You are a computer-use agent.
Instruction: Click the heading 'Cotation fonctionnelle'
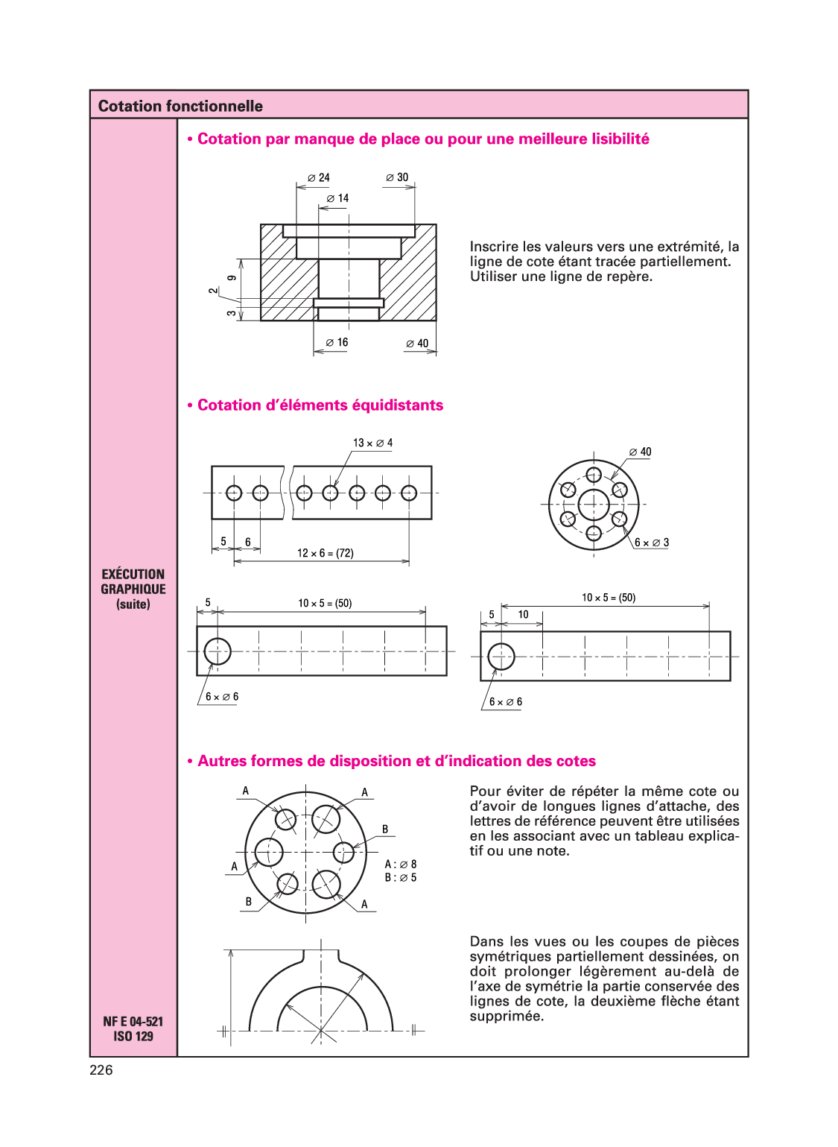tap(180, 106)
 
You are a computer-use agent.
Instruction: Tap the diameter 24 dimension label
tap(319, 177)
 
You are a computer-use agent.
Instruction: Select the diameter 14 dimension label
tap(337, 198)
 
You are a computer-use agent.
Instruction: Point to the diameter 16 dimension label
tap(337, 343)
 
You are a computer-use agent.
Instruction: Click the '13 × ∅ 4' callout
tap(372, 443)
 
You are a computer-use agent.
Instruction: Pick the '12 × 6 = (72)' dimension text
tap(325, 553)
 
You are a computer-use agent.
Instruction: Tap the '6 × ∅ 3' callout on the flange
tap(652, 543)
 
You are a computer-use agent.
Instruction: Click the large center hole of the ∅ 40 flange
tap(594, 505)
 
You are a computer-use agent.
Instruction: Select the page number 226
tap(101, 1069)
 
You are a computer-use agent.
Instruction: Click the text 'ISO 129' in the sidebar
tap(133, 1036)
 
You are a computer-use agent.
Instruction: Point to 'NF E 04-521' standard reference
tap(133, 1021)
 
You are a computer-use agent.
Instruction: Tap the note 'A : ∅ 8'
tap(401, 865)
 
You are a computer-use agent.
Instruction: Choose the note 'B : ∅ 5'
tap(401, 878)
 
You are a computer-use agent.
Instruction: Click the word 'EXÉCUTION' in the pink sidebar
tap(133, 574)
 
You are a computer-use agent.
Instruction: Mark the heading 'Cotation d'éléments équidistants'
tap(320, 405)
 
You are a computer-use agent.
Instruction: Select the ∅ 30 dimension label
tap(397, 177)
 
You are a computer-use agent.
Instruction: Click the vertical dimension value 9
tap(232, 278)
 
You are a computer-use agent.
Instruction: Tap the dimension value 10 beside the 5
tap(523, 615)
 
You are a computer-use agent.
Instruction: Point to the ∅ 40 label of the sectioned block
tap(417, 344)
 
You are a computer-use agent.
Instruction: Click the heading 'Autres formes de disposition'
tap(396, 761)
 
